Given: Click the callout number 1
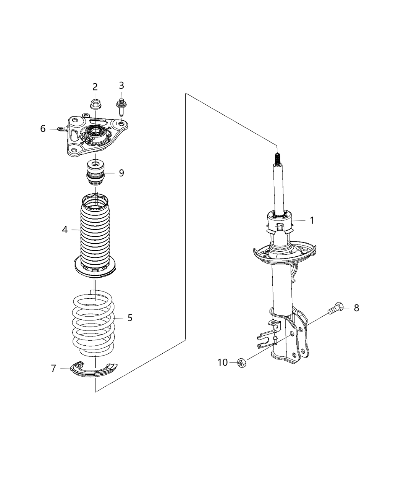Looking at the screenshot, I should tap(312, 220).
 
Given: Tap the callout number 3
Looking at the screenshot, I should tap(121, 85).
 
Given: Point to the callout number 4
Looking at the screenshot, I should tap(65, 230).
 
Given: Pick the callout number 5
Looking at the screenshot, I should tap(130, 317).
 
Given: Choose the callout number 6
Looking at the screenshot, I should tap(43, 129).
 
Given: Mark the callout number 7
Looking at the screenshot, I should tap(53, 369).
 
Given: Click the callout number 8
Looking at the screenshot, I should tap(356, 308).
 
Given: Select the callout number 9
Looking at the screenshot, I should tap(121, 173).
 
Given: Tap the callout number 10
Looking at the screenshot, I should tap(223, 362).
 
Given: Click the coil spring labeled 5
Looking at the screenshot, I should tap(94, 323).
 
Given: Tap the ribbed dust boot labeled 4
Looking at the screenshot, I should tap(95, 233).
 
